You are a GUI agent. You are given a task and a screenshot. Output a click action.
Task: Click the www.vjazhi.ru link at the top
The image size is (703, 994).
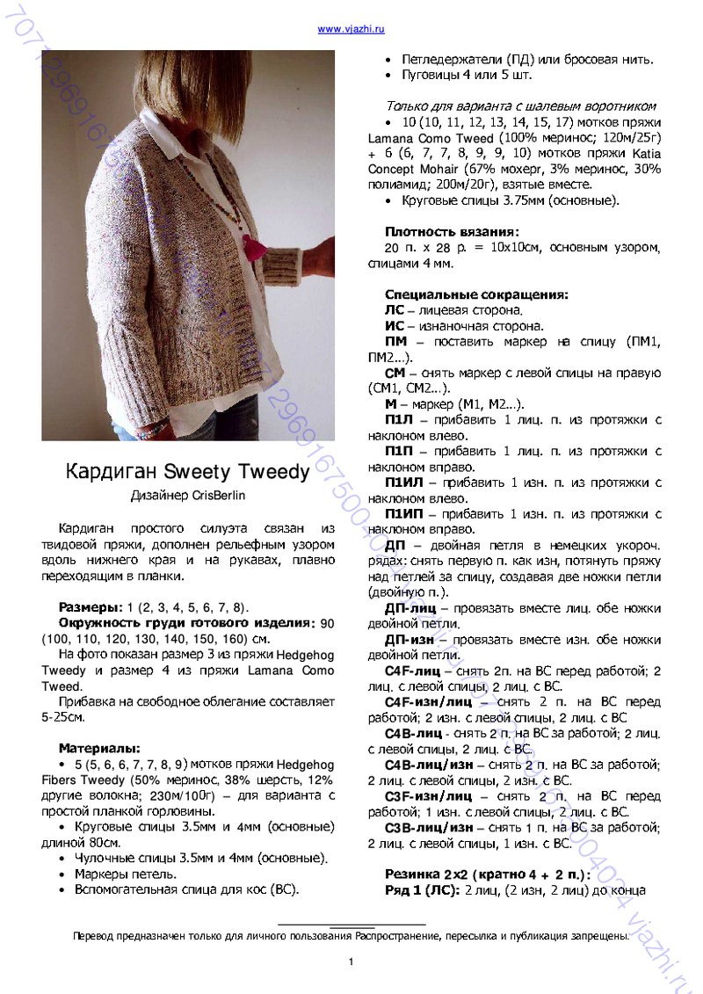pos(351,29)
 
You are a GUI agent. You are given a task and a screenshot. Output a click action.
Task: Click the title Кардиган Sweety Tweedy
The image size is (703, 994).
pos(188,472)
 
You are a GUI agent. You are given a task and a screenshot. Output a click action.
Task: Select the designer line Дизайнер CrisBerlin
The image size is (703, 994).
pos(188,496)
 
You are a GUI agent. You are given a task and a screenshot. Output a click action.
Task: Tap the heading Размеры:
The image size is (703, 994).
pos(91,607)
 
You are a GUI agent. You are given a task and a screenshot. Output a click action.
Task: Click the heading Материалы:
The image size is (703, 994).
pos(99,748)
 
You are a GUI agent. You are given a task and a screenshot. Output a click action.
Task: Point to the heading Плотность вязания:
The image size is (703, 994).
pos(452,232)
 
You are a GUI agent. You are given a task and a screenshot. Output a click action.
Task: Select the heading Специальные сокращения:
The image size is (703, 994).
pos(476,294)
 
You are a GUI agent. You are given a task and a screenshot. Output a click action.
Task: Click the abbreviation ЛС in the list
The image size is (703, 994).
pos(395,310)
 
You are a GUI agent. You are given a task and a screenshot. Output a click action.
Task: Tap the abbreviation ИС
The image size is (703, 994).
pos(395,326)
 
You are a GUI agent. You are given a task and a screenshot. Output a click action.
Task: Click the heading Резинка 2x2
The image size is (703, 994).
pos(428,874)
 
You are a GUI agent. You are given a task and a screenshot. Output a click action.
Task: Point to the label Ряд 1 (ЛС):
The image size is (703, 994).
pos(422,890)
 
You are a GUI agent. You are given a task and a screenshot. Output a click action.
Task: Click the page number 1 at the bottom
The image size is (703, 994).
pos(351,961)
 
